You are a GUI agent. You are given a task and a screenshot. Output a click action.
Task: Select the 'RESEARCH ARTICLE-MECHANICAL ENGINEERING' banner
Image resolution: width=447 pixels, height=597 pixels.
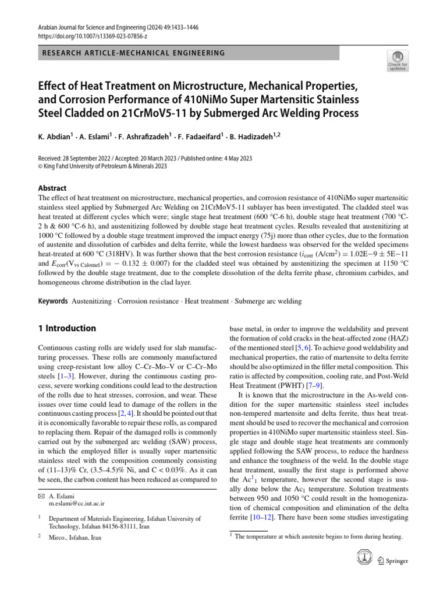131,53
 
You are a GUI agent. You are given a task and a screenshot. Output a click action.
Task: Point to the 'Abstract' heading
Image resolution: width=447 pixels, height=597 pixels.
52,188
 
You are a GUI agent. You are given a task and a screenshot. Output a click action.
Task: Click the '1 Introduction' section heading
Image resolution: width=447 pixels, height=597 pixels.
63,328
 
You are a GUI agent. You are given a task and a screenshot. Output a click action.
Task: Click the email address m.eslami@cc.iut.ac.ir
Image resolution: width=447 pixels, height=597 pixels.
77,503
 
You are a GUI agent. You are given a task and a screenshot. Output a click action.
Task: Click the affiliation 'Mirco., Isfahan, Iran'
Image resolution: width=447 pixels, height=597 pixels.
75,538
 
